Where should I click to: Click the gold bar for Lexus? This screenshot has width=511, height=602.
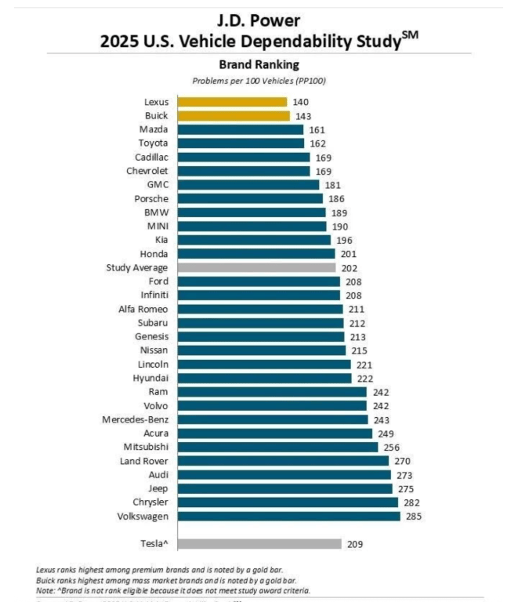[x=232, y=102]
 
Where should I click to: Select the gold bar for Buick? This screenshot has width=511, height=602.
[x=234, y=116]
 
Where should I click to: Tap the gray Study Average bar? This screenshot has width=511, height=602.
[x=256, y=267]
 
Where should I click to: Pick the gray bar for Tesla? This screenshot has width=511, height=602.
[x=259, y=543]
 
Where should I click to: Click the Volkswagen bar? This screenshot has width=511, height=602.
[x=288, y=516]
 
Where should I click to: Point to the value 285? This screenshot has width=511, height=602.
[x=414, y=516]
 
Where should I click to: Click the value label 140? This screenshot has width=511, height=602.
[x=301, y=102]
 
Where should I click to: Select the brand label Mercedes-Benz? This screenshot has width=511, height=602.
[x=135, y=419]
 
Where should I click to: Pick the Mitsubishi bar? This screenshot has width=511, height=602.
[x=278, y=447]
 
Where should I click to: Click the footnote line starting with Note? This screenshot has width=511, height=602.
[x=173, y=590]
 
